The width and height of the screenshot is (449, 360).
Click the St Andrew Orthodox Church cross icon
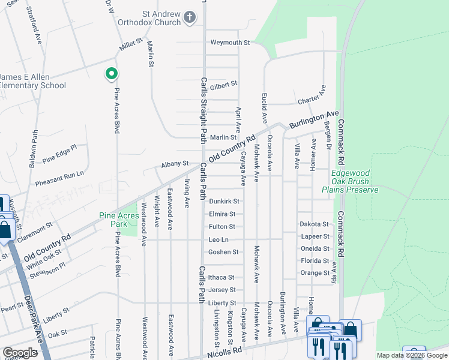[190, 17]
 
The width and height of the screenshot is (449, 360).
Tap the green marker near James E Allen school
[111, 74]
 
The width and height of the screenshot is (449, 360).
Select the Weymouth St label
[229, 43]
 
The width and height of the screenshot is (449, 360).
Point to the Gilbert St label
[223, 85]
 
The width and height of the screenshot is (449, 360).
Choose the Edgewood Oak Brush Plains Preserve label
[354, 181]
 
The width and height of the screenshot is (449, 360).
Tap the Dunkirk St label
[224, 202]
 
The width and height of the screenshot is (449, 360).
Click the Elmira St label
[221, 214]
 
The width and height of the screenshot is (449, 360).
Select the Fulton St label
[221, 227]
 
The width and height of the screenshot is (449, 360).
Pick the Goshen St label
[223, 252]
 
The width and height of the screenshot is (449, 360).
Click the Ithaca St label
[221, 277]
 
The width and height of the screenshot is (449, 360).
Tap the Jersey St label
[221, 290]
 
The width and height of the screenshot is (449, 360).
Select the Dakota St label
[315, 224]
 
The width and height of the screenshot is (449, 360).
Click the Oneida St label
[315, 248]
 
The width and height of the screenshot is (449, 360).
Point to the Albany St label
[175, 163]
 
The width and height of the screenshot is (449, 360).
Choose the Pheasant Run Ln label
[59, 173]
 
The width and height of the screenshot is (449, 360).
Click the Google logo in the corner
[20, 353]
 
